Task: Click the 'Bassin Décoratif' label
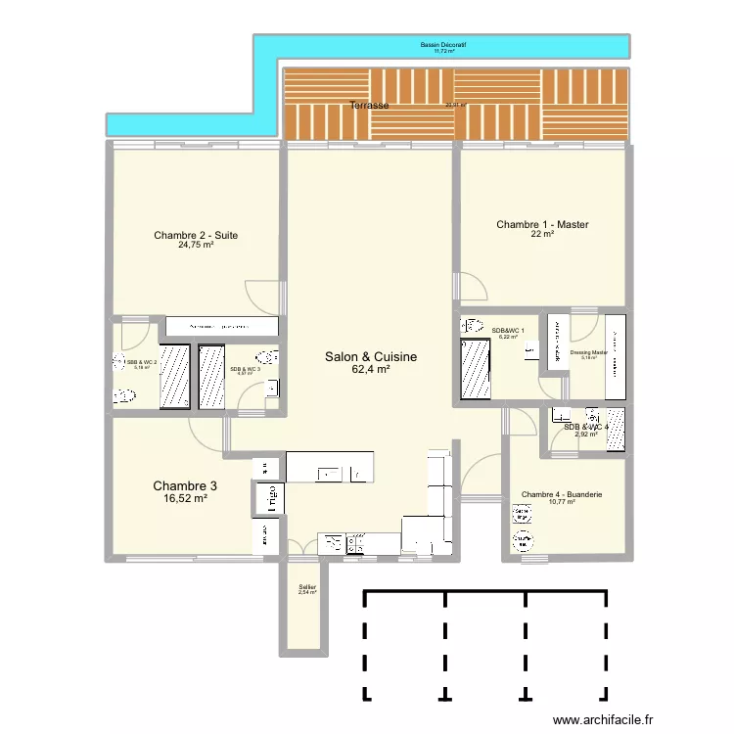(443, 44)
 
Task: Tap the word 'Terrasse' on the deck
(370, 105)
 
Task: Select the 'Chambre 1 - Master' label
(542, 225)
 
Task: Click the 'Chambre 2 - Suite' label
(196, 235)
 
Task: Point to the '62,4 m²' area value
(371, 370)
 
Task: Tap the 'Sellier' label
(307, 586)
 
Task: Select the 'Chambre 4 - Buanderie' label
(562, 494)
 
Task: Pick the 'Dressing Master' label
(588, 352)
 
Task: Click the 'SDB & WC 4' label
(585, 426)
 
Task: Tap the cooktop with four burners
(353, 543)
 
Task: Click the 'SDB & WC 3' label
(244, 369)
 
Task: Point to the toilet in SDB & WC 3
(265, 358)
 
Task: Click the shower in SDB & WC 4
(616, 430)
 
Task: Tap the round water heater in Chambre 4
(519, 512)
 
